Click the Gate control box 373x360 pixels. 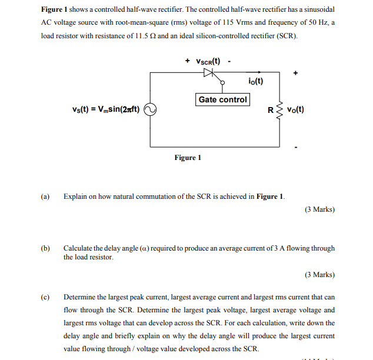tap(222, 99)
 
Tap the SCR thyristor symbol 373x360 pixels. tap(208, 73)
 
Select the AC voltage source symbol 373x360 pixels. tap(150, 109)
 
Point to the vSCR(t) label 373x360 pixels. tap(207, 61)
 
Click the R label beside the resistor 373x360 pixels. tap(270, 110)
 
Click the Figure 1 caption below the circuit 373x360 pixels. tap(188, 157)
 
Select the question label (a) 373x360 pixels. tap(45, 196)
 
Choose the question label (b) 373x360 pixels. tap(45, 248)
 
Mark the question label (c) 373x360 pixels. tap(45, 297)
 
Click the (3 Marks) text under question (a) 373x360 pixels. tap(319, 209)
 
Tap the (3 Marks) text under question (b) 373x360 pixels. tap(319, 274)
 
